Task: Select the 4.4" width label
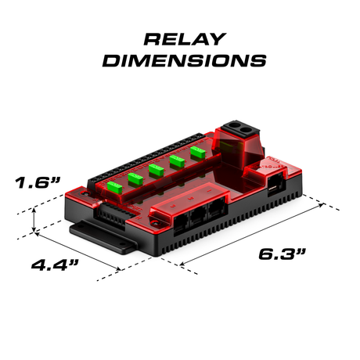pyautogui.click(x=54, y=265)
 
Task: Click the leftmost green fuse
pyautogui.click(x=115, y=187)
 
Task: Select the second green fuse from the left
pyautogui.click(x=135, y=179)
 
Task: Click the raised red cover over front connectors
pyautogui.click(x=192, y=207)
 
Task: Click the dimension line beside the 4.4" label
pyautogui.click(x=78, y=249)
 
